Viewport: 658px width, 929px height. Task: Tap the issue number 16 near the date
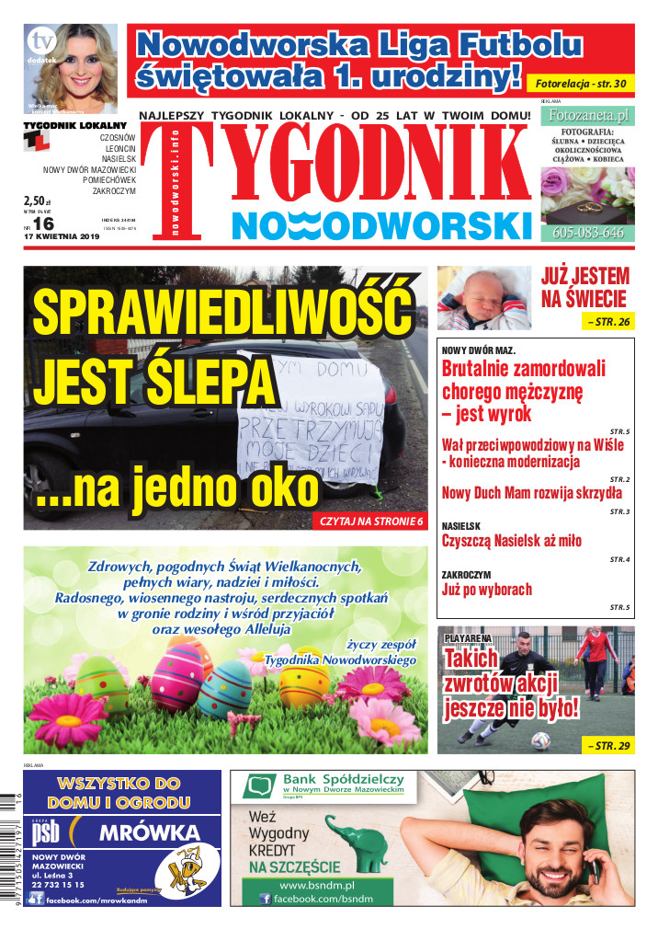click(43, 224)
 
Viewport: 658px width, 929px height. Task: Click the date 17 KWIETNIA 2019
click(62, 237)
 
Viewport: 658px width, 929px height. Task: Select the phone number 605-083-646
click(587, 233)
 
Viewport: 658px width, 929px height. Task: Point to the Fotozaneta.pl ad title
click(587, 116)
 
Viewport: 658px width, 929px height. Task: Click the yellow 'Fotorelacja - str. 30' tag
click(581, 84)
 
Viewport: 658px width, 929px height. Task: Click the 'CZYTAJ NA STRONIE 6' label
click(372, 522)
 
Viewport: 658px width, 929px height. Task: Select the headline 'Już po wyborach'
click(487, 589)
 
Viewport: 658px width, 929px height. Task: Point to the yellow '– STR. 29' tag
click(607, 745)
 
